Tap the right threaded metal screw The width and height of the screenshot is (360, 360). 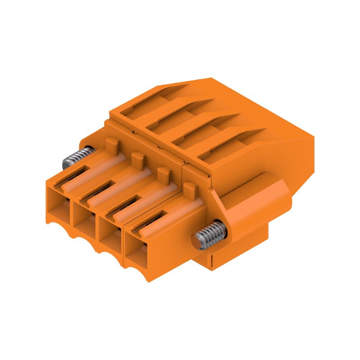coord(208,234)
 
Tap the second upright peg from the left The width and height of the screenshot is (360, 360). coord(138,159)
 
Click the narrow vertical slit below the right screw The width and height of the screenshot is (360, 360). coord(210,261)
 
